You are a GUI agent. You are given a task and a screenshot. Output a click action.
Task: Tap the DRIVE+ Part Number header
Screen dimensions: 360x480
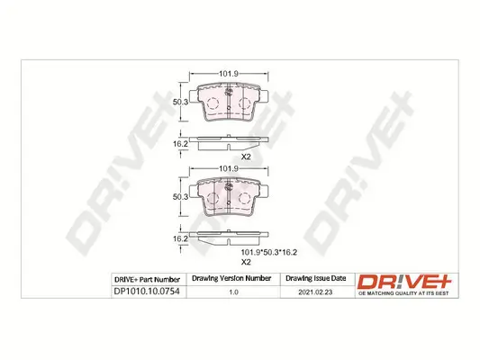pos(147,278)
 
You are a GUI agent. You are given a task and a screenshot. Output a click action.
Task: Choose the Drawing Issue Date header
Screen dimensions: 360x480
pos(314,278)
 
